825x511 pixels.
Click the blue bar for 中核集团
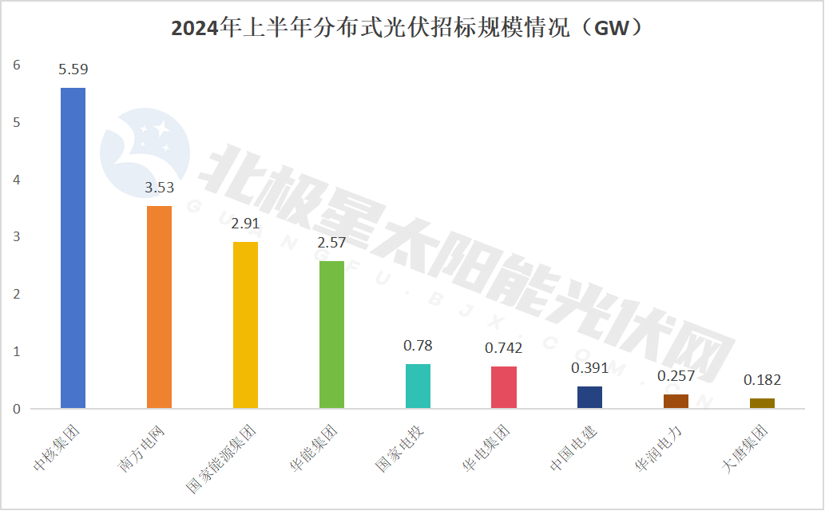pyautogui.click(x=73, y=248)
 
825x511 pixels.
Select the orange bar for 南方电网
pyautogui.click(x=159, y=307)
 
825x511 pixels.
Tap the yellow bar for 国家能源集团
pyautogui.click(x=245, y=325)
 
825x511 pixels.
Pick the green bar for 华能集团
pyautogui.click(x=331, y=335)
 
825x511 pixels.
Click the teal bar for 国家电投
pyautogui.click(x=418, y=386)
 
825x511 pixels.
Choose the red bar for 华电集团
pyautogui.click(x=503, y=387)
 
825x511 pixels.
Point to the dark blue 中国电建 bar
pyautogui.click(x=589, y=398)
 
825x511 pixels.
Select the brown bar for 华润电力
pyautogui.click(x=676, y=402)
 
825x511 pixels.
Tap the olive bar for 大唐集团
pyautogui.click(x=762, y=403)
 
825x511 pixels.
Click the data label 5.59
pyautogui.click(x=73, y=69)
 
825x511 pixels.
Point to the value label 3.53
pyautogui.click(x=159, y=188)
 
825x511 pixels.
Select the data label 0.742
pyautogui.click(x=503, y=348)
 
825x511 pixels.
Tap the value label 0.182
pyautogui.click(x=762, y=380)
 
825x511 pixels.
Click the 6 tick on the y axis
pyautogui.click(x=17, y=65)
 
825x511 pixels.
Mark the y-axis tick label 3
pyautogui.click(x=17, y=237)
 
